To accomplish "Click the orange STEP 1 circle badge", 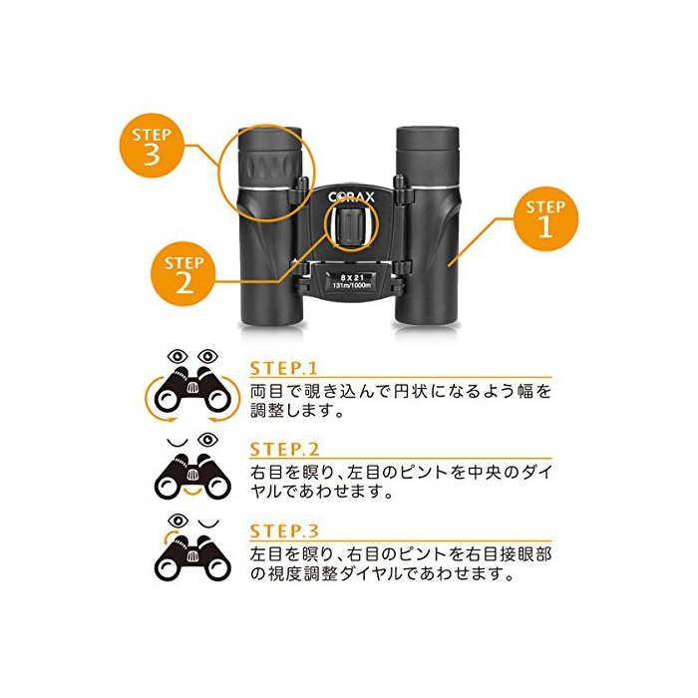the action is pos(545,219).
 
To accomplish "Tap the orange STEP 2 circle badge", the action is pos(183,274).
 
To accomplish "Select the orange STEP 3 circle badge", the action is pos(152,146).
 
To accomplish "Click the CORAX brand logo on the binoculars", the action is pos(351,197).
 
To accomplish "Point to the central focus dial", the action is pos(351,226).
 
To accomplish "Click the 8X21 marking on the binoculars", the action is pos(352,277).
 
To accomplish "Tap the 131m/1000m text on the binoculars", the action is pos(352,285).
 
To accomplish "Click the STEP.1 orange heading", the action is pos(283,369).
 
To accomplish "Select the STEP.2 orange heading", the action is pos(284,450).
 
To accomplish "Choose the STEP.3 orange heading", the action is pos(284,531).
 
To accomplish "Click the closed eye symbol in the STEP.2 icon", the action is pos(177,442).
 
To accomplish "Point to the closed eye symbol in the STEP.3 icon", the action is pos(208,523).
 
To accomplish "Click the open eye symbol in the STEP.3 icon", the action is pos(178,520).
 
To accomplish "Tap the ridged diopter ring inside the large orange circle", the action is pos(270,170).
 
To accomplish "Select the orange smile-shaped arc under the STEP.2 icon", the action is pos(192,492).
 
